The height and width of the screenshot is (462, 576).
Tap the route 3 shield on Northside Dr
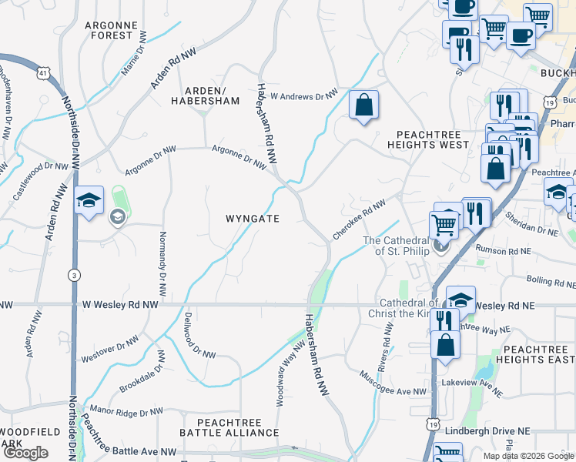click(x=73, y=274)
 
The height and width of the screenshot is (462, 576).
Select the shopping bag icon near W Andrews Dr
click(x=363, y=105)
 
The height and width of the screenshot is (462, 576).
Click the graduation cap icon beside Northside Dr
click(x=89, y=203)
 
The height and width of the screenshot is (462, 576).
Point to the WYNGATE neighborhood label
click(x=253, y=219)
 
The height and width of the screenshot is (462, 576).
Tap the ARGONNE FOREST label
click(x=112, y=30)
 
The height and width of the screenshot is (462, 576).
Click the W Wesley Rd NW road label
click(x=119, y=306)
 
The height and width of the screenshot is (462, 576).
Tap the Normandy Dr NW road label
click(x=162, y=264)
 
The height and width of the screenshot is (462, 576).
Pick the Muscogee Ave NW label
click(x=393, y=383)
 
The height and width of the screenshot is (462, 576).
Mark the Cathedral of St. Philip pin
click(x=441, y=246)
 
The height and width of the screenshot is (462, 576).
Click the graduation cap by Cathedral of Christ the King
click(x=460, y=300)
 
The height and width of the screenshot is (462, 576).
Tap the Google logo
click(x=25, y=453)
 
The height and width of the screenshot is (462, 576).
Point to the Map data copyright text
click(x=528, y=456)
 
